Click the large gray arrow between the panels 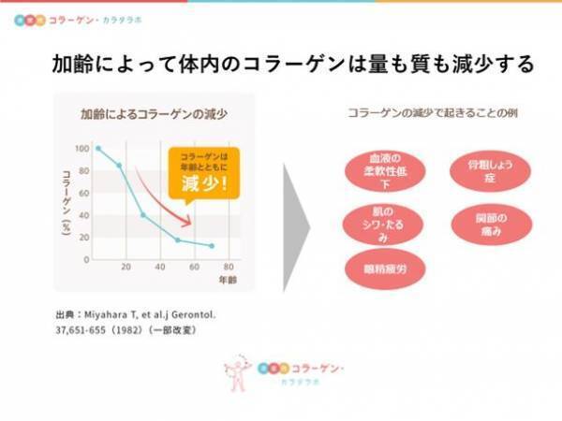point(295,225)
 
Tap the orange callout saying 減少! point(203,173)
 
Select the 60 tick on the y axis point(83,193)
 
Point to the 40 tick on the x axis point(160,267)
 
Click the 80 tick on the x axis point(229,267)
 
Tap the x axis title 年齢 point(228,280)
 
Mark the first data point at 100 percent point(97,149)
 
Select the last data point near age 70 point(212,246)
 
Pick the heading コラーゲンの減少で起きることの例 point(434,115)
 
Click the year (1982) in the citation point(140,329)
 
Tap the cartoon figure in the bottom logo point(239,373)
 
